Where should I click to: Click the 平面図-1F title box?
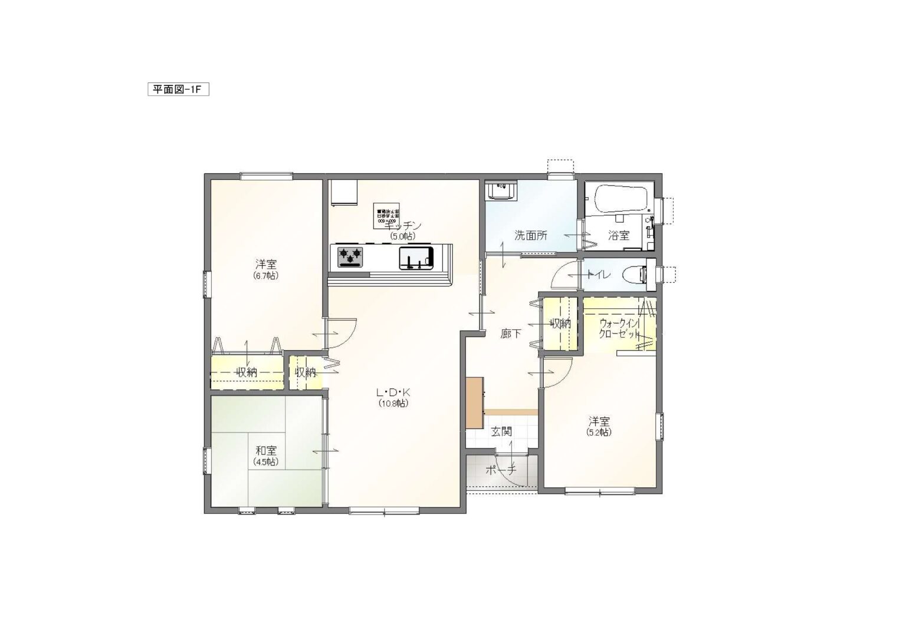(x=178, y=90)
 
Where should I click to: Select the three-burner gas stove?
(x=350, y=257)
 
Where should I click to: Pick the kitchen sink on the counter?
(x=416, y=258)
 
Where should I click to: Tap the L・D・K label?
(x=393, y=392)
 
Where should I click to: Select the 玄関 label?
(x=501, y=432)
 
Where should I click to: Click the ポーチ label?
(x=500, y=470)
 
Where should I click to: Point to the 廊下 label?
(x=510, y=334)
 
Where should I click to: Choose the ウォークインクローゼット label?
(x=619, y=328)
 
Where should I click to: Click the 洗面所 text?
(x=530, y=236)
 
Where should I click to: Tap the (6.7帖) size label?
(x=266, y=275)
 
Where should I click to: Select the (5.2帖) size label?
(x=599, y=432)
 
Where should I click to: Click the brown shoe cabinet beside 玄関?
(x=474, y=403)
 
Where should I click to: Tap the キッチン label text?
(x=403, y=226)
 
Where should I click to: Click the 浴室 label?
(x=619, y=236)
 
